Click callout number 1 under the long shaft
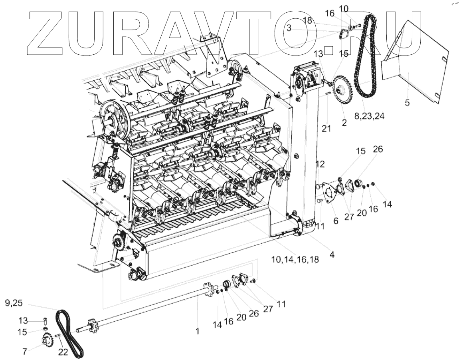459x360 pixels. (x=197, y=331)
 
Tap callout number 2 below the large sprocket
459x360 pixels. (x=344, y=123)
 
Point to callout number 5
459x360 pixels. (x=407, y=103)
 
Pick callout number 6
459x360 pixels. (x=336, y=220)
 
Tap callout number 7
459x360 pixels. (x=25, y=352)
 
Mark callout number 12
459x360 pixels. (x=321, y=164)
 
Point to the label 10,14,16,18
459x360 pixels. (x=295, y=259)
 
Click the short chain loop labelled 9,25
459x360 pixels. (x=69, y=332)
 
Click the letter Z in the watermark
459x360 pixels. (x=50, y=34)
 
